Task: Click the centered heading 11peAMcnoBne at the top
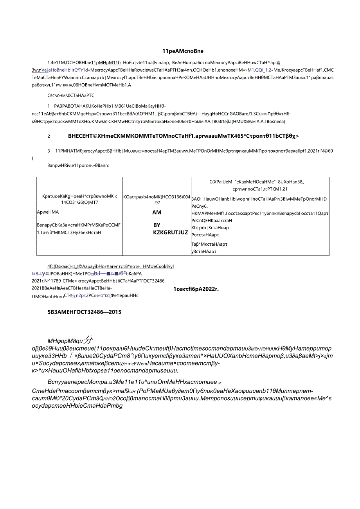click(183, 51)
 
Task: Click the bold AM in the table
click(157, 212)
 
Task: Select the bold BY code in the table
click(157, 225)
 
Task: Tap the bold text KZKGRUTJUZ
click(171, 232)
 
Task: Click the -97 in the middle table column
click(157, 202)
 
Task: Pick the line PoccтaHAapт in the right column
click(205, 235)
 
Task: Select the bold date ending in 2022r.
click(196, 289)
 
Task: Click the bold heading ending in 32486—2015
click(84, 312)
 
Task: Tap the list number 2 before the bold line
click(49, 136)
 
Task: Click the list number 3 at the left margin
click(49, 151)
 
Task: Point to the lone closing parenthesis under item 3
click(33, 158)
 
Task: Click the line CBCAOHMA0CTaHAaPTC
click(70, 95)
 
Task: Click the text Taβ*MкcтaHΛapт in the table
click(209, 244)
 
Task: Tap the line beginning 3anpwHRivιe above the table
click(78, 165)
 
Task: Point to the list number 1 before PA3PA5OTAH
click(49, 106)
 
